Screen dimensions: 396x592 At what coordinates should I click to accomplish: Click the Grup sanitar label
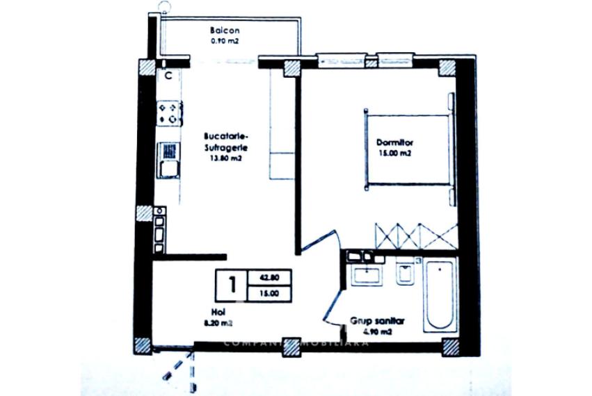(x=376, y=322)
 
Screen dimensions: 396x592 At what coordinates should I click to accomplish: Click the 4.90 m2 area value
(x=376, y=332)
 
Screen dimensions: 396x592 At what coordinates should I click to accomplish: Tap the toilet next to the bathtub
(x=402, y=276)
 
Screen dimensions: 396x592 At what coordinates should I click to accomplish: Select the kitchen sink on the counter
(x=168, y=160)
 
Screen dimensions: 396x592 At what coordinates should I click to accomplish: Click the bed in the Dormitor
(x=407, y=149)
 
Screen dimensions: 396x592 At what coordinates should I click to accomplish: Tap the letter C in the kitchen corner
(x=168, y=74)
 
